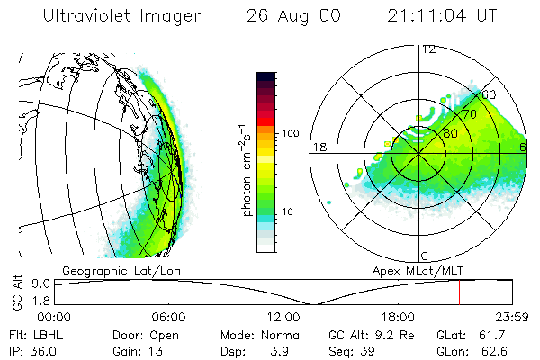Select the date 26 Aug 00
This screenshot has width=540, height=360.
[x=292, y=15]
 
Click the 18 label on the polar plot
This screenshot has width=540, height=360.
[x=318, y=147]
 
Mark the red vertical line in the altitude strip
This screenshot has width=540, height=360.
[x=459, y=292]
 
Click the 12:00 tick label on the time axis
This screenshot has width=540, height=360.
[x=283, y=317]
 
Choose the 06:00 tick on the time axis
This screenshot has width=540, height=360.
[x=168, y=317]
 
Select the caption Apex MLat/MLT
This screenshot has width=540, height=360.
[x=417, y=269]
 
